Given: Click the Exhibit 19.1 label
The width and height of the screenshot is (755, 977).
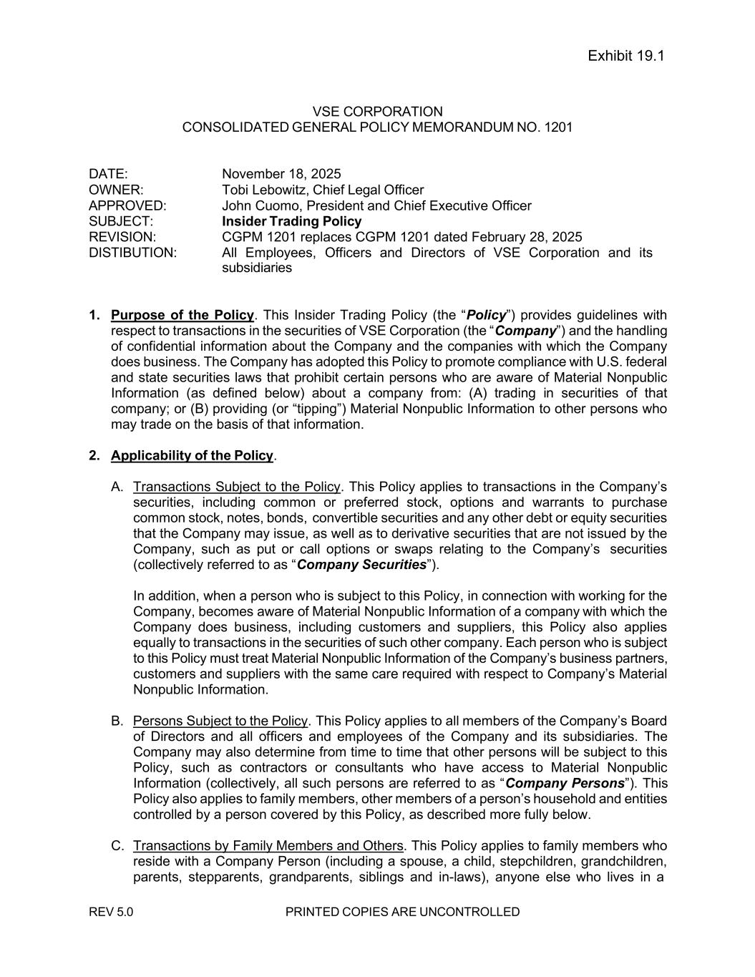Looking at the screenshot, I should tap(625, 56).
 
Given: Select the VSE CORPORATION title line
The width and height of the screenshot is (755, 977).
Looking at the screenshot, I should tap(377, 112).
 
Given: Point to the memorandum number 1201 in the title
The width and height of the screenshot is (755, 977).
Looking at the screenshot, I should tap(558, 127).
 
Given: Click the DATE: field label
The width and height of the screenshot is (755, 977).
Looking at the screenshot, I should tap(108, 174).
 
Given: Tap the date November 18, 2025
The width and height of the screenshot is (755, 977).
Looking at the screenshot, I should tap(281, 174).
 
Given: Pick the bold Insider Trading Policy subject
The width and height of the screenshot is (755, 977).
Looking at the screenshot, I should tap(291, 221).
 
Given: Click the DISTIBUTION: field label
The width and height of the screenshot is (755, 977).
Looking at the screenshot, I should tap(132, 253).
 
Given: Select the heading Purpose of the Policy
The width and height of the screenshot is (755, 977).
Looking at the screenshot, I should tap(182, 315).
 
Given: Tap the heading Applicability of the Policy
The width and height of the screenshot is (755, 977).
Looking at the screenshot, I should tap(192, 455).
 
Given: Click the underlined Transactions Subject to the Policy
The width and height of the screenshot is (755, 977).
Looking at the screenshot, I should tap(236, 487).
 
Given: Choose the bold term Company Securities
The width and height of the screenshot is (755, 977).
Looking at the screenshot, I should tap(361, 565).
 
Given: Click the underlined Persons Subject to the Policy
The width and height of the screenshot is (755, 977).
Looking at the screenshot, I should tap(220, 721).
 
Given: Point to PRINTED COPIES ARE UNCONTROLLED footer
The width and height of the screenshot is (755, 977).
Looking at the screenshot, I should tap(402, 912).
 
